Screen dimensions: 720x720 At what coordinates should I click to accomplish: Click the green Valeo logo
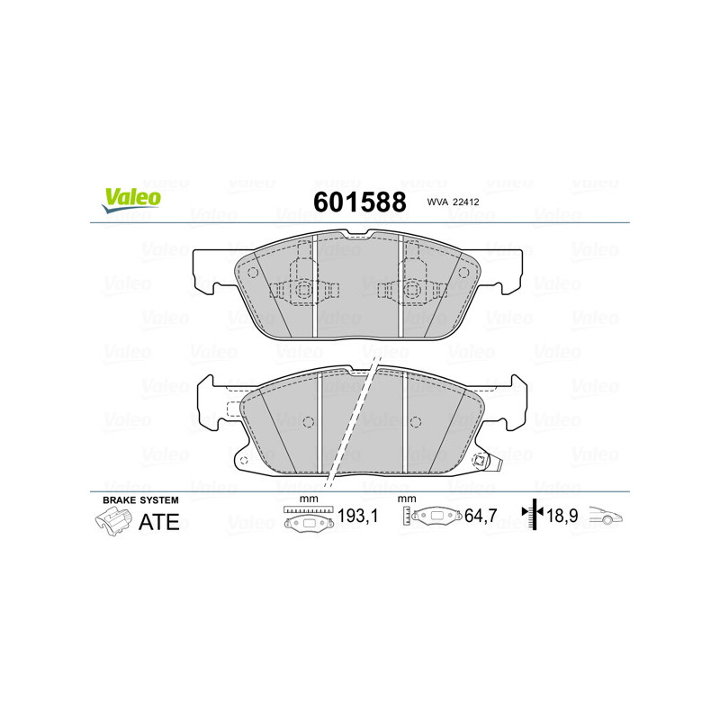tap(131, 201)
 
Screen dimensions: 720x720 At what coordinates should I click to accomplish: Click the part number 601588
tap(359, 202)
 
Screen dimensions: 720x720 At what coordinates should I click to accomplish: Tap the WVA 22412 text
tap(453, 202)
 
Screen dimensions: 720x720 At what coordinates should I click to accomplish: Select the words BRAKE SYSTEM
tap(140, 500)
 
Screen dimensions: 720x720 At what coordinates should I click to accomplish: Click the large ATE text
tap(159, 522)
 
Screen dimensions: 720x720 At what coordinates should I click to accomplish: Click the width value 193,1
tap(357, 516)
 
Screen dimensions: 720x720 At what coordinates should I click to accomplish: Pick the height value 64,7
tap(481, 516)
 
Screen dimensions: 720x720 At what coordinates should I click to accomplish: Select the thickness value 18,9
tap(562, 516)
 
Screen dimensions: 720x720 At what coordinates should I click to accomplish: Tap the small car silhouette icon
tap(605, 515)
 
